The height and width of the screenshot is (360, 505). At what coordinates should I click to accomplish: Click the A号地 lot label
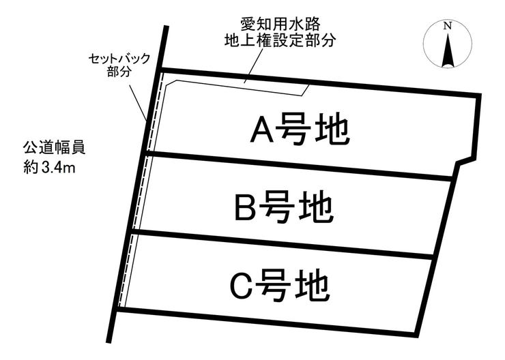[300, 130]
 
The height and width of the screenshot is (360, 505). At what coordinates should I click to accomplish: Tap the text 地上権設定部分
[280, 41]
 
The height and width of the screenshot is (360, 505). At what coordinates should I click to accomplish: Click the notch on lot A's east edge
[464, 162]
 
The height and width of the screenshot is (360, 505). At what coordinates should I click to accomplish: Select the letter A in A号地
[263, 130]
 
